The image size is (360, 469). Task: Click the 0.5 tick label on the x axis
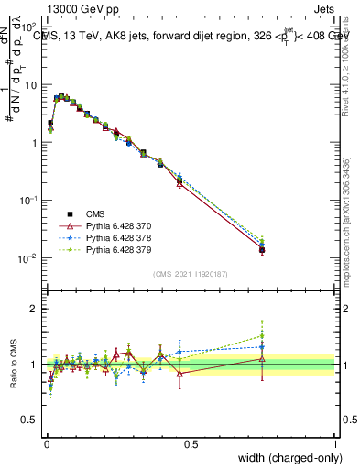(191, 443)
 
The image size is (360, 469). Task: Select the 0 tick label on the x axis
(47, 443)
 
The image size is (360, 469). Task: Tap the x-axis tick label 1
(334, 443)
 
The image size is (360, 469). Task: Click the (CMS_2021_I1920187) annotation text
(190, 274)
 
